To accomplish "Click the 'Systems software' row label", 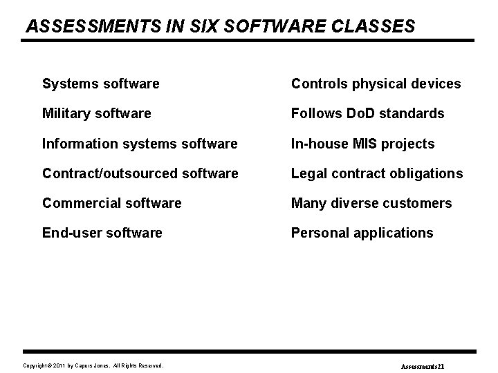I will point(101,84).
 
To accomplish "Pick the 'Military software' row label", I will point(96,113).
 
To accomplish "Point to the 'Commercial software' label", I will point(112,203).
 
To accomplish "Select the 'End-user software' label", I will point(102,233).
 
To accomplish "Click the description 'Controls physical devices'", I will point(376,84).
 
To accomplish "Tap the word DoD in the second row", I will point(359,113).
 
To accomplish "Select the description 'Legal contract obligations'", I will point(377,173).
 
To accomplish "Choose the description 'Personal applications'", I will point(362,233).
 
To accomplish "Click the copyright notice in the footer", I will point(93,365).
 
